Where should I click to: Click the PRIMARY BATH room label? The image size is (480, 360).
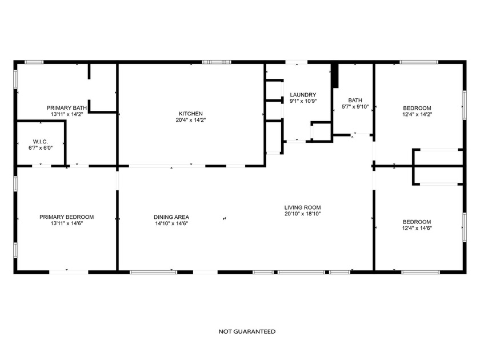tap(67, 107)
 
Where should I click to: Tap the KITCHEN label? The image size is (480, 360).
tap(191, 114)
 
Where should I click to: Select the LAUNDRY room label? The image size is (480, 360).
tap(303, 95)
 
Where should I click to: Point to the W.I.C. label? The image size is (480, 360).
tap(40, 141)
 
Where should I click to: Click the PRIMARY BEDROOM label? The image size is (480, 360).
tap(67, 217)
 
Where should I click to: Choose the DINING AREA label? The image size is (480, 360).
tap(171, 217)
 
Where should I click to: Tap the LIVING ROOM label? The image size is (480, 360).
tap(303, 207)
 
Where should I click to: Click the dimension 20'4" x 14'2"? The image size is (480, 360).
tap(191, 120)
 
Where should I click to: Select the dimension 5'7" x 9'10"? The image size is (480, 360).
tap(355, 106)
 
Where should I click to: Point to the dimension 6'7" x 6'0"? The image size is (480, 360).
tap(40, 147)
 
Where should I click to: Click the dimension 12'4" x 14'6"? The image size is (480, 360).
tap(417, 228)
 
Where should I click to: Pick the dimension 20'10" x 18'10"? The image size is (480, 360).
tap(303, 214)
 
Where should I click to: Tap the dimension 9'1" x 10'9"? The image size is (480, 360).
tap(303, 101)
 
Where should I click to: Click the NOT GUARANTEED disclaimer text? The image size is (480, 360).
tap(247, 331)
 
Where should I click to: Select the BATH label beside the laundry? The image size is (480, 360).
tap(355, 100)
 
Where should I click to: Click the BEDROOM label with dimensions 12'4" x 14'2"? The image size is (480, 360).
tap(417, 108)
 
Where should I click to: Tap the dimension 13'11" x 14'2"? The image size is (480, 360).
tap(67, 114)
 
